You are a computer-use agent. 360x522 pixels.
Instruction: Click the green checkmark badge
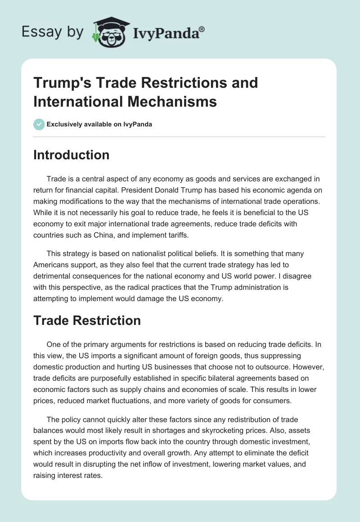coord(39,124)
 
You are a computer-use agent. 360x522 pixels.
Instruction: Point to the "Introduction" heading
coord(72,155)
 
